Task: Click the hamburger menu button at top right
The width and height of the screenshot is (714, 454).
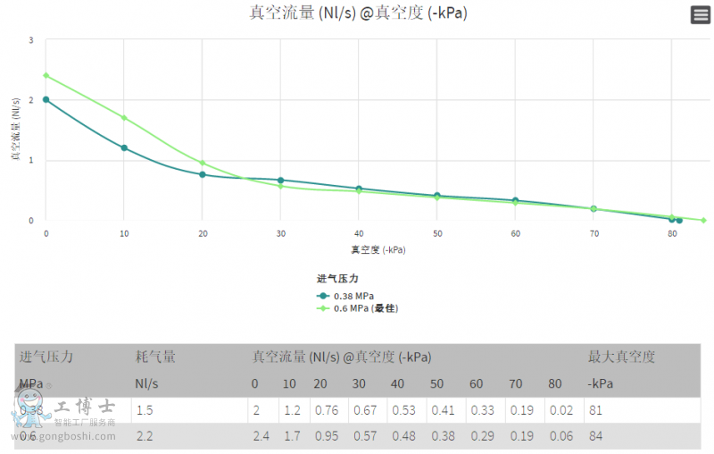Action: [701, 15]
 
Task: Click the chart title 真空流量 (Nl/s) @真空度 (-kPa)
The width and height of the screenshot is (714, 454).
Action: [358, 13]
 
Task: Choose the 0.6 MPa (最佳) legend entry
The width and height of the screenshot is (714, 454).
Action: [357, 308]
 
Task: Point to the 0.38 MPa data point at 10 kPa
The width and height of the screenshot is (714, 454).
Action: [124, 148]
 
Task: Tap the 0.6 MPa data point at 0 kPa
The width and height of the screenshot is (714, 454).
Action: [46, 75]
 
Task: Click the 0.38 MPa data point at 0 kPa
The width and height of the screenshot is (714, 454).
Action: [46, 100]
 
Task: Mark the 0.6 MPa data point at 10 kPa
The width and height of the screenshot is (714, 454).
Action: [124, 118]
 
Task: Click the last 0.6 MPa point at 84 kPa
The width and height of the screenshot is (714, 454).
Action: [703, 220]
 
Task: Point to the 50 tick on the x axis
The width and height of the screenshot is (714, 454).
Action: [437, 233]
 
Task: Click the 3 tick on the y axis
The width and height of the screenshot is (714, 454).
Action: [31, 40]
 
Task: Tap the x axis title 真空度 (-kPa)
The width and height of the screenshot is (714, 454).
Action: [378, 250]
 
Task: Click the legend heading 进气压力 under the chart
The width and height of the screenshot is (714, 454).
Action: [337, 279]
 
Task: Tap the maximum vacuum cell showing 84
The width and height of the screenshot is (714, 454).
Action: [595, 437]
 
